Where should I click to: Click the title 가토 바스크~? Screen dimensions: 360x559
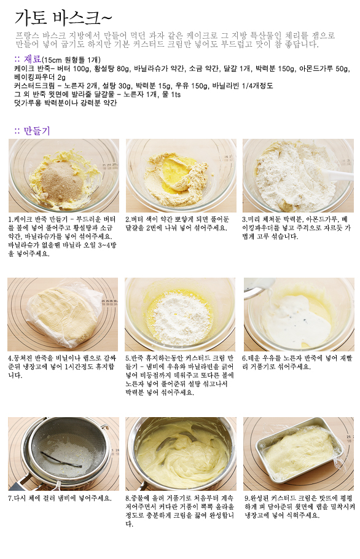(x=63, y=17)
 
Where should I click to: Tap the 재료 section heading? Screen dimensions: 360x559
(x=33, y=59)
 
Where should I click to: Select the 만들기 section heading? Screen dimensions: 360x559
(x=37, y=131)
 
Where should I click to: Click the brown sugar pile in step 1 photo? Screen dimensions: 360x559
(x=61, y=181)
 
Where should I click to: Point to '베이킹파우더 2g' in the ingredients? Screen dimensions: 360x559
(x=40, y=77)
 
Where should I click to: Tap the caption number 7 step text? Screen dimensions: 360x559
(x=60, y=498)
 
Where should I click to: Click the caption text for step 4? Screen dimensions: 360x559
(x=61, y=367)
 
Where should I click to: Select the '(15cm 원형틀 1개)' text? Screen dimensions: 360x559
(x=71, y=60)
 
